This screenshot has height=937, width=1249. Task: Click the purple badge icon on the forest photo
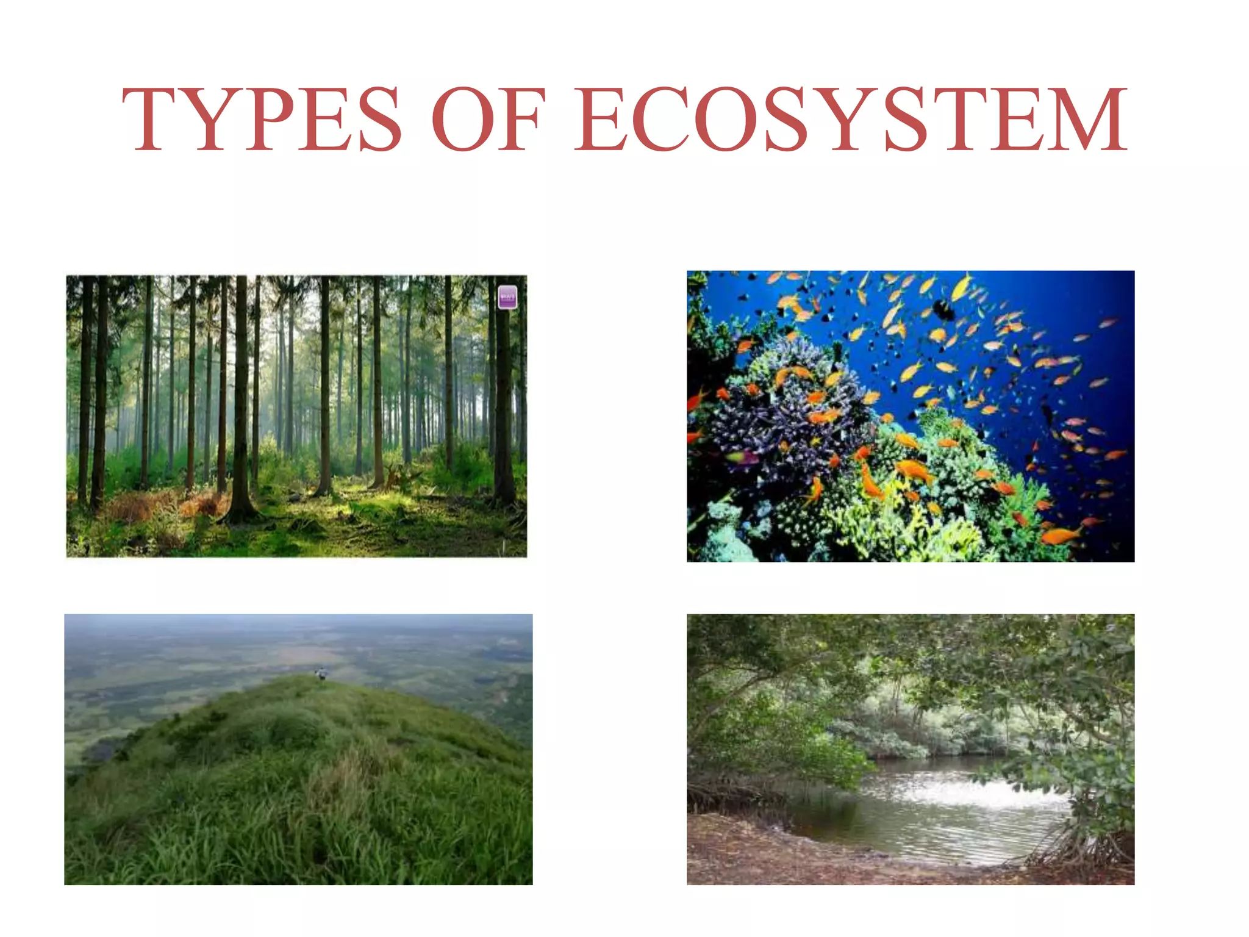coord(507,297)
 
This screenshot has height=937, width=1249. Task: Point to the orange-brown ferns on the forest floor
coord(201,503)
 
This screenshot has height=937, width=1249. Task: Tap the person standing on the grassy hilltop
coord(321,673)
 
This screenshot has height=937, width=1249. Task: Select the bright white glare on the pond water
coord(976,793)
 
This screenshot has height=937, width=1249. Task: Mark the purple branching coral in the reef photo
coord(787,415)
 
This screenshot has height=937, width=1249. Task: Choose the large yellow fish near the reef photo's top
coord(961,287)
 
